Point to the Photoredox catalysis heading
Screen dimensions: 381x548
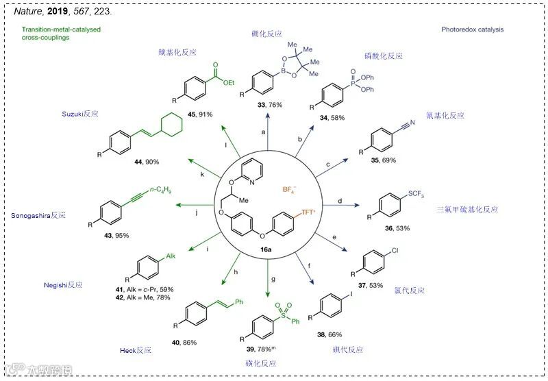click(472, 29)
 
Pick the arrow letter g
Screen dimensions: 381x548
click(273, 280)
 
